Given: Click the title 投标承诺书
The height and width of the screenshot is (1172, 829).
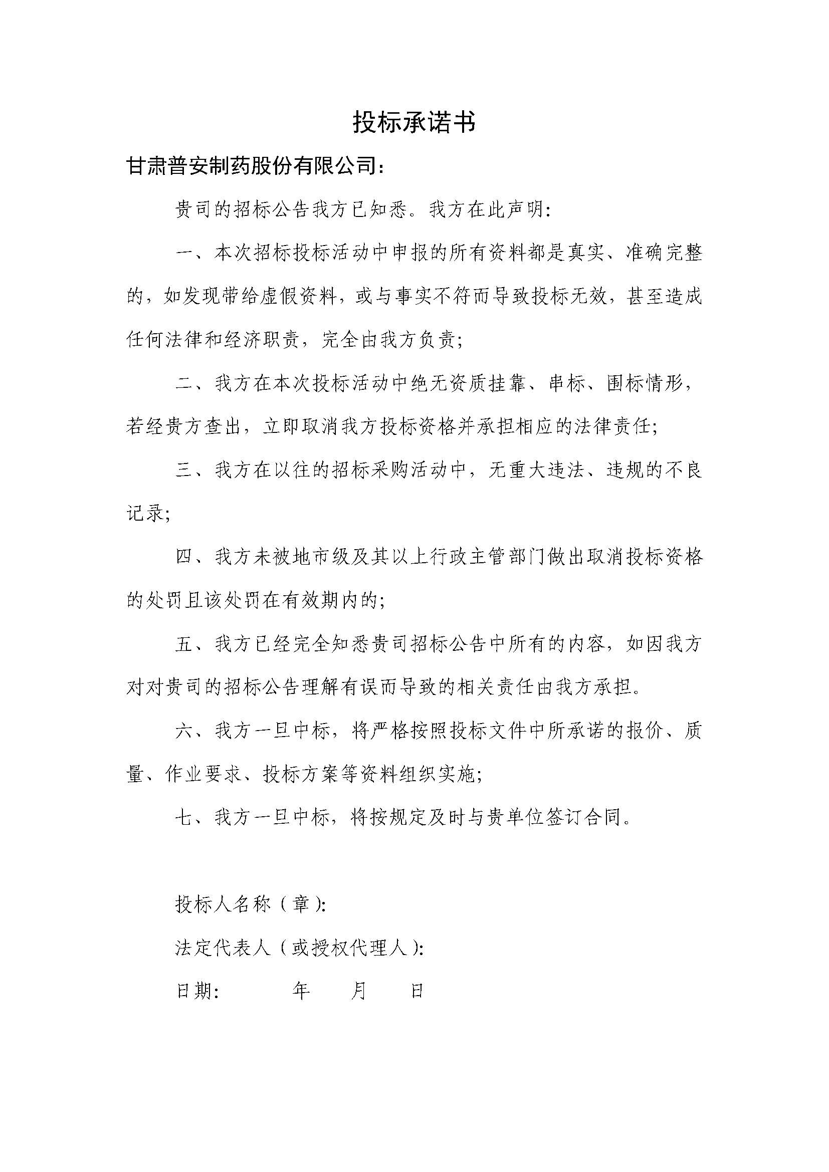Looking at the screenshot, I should [414, 122].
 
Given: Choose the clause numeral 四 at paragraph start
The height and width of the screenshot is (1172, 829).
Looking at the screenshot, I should [184, 557].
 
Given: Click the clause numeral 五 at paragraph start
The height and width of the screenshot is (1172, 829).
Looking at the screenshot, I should [184, 644].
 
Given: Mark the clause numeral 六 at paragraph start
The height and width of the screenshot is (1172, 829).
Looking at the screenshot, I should [184, 731].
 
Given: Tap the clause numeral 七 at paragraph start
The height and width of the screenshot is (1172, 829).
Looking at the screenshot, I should [184, 818].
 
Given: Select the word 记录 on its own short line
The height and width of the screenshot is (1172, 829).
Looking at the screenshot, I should [145, 514].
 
